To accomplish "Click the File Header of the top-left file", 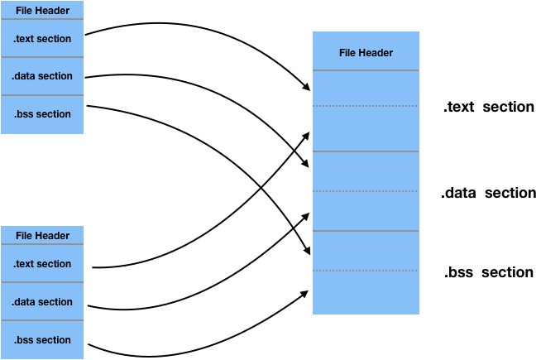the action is point(42,11).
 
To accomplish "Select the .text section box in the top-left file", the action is point(42,38).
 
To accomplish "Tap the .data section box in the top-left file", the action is point(42,76).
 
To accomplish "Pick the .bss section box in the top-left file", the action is point(42,114).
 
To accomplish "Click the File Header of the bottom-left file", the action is point(42,235).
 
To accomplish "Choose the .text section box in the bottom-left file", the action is point(42,263).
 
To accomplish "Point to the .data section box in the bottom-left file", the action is point(42,302).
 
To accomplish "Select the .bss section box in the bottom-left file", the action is point(42,340).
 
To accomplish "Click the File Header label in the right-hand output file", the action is point(366,53).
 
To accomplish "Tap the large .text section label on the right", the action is point(489,107).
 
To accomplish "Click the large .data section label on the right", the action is point(489,193).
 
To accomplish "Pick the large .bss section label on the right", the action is point(489,272).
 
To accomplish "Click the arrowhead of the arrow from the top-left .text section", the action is point(306,87).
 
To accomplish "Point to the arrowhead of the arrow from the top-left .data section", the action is point(305,163).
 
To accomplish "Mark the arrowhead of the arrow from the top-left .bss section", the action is point(307,251).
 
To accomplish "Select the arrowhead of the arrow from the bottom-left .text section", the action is point(305,135).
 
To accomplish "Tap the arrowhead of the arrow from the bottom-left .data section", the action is point(305,217).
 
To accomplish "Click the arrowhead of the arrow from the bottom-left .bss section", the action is point(304,294).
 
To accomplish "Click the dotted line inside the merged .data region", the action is point(366,191).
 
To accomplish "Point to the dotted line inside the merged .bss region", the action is point(366,271).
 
